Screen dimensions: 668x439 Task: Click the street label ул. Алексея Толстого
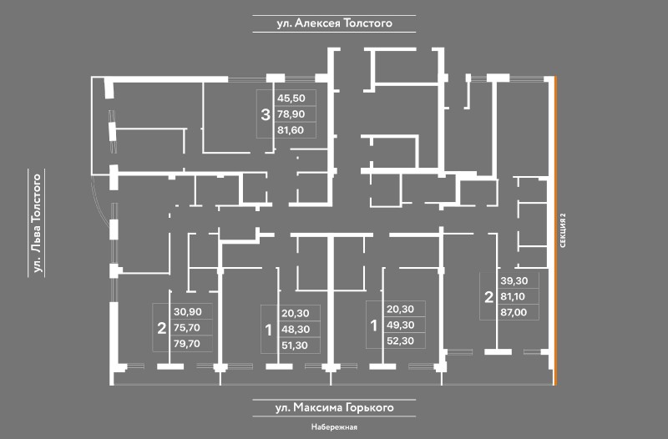point(335,23)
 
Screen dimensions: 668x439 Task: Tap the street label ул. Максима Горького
point(335,407)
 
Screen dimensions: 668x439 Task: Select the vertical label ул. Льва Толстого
point(37,223)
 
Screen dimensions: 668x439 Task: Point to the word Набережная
point(334,426)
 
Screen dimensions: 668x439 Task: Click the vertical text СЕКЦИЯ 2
point(563,230)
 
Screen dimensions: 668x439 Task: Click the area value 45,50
point(291,98)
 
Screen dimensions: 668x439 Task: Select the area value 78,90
point(291,114)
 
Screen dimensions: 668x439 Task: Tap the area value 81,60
point(291,130)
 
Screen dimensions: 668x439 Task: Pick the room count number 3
point(266,114)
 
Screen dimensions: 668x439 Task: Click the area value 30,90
point(187,311)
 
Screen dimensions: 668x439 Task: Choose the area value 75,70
point(187,327)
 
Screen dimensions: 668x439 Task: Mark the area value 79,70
point(187,343)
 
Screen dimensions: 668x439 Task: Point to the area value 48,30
point(296,329)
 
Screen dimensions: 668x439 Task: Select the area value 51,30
point(295,346)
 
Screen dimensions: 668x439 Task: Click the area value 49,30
point(401,325)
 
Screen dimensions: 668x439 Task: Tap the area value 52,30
point(401,341)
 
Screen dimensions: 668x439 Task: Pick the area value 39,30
point(514,280)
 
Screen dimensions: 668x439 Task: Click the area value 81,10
point(513,296)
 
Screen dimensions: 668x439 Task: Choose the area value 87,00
point(514,312)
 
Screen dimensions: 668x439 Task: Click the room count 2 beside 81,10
point(488,297)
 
